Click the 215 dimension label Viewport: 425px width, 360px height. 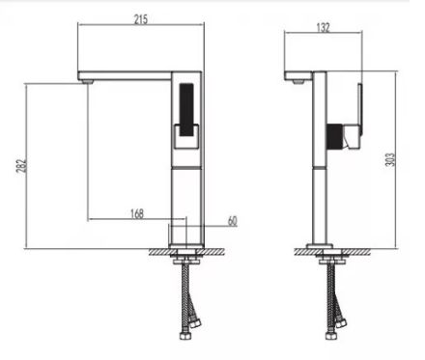click(x=141, y=19)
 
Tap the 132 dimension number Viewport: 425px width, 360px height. click(x=324, y=28)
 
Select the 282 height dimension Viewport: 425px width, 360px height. click(x=21, y=166)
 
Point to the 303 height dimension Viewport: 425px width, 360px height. click(x=390, y=160)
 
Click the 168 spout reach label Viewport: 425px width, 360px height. click(x=137, y=213)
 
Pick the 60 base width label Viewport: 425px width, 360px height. click(x=232, y=221)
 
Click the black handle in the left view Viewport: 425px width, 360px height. click(x=186, y=110)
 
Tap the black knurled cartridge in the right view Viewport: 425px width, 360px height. click(x=334, y=136)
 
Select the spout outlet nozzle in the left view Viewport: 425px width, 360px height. click(x=88, y=82)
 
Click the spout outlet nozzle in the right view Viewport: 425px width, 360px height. click(x=297, y=82)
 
